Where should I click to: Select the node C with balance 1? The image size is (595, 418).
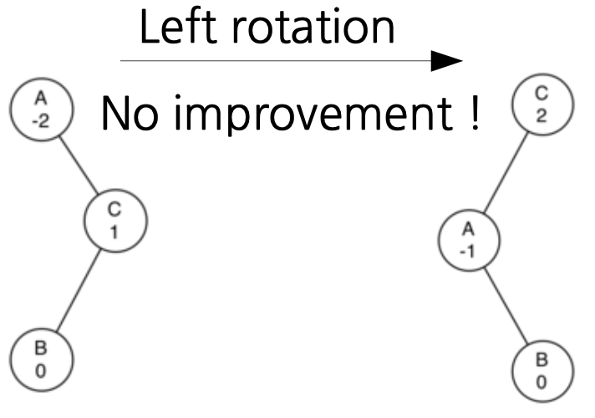[x=115, y=222]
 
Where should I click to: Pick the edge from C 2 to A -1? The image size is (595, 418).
[x=504, y=175]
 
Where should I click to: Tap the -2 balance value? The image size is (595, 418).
[x=41, y=120]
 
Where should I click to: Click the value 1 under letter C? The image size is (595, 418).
[x=115, y=232]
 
